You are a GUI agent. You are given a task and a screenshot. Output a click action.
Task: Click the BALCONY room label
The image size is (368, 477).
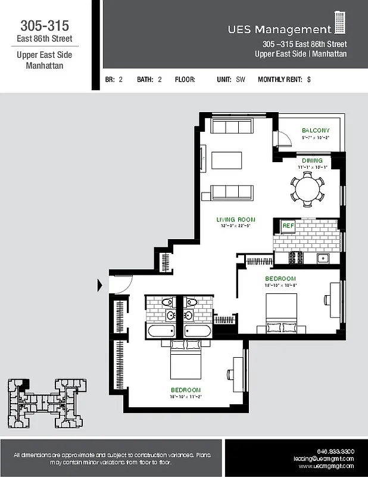[x=315, y=130]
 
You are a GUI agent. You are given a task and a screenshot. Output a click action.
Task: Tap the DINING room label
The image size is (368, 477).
[x=311, y=160]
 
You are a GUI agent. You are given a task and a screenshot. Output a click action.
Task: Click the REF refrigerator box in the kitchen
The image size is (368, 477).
[x=288, y=226]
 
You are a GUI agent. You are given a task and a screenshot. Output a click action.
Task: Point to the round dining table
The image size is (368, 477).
[x=307, y=189]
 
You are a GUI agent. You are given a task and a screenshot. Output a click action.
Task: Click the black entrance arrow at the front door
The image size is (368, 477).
[x=99, y=286]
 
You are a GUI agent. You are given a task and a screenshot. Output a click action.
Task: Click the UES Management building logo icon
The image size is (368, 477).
[x=340, y=23]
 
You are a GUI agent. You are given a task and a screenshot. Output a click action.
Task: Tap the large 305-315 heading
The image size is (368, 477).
[x=45, y=26]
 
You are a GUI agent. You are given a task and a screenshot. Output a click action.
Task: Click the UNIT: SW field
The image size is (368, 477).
[x=232, y=79]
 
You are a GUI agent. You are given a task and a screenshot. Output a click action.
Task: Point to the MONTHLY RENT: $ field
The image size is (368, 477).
[x=284, y=79]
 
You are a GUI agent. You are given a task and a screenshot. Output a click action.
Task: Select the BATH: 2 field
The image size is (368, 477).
[x=149, y=79]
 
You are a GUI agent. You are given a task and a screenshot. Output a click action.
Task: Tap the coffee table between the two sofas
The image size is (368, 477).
[x=226, y=161]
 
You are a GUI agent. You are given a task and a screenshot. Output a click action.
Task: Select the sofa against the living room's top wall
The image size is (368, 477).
[x=232, y=126]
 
